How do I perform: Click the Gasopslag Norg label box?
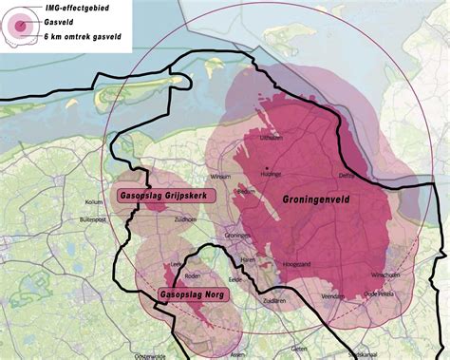186,295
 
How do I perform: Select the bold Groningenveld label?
321,201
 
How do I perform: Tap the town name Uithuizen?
272,139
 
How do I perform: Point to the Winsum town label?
220,177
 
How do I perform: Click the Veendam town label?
333,296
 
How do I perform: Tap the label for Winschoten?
384,275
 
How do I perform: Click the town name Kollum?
93,201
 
